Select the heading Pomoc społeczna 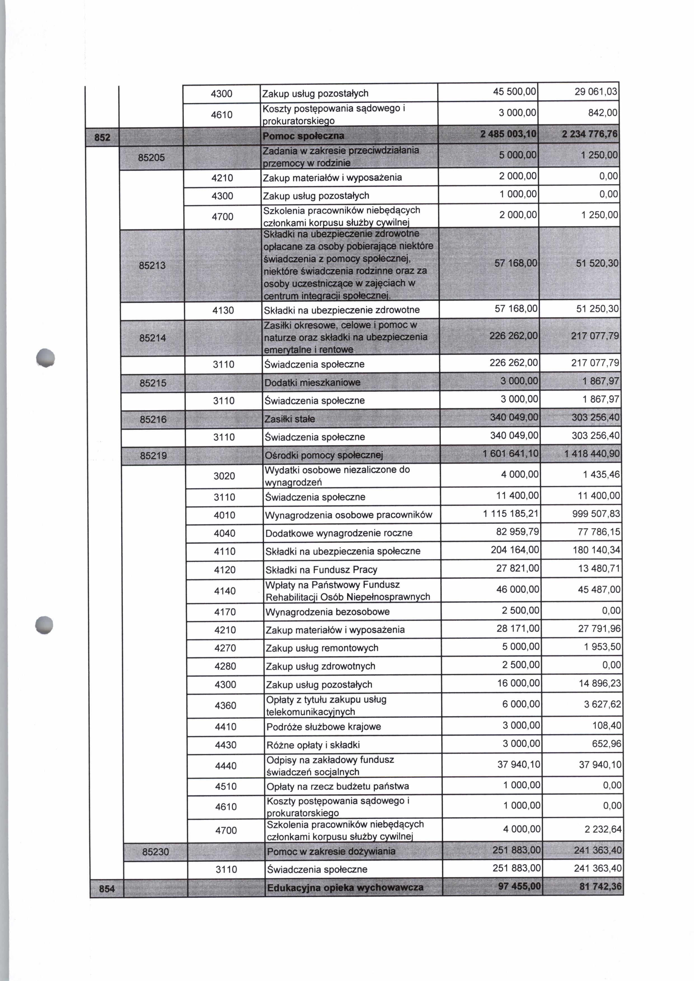pos(303,136)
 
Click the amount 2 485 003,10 pos(508,135)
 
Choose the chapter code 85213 pos(152,266)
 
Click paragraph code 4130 pos(223,310)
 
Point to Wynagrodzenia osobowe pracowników pos(349,515)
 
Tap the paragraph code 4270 pos(225,648)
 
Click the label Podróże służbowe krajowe pos(323,727)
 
